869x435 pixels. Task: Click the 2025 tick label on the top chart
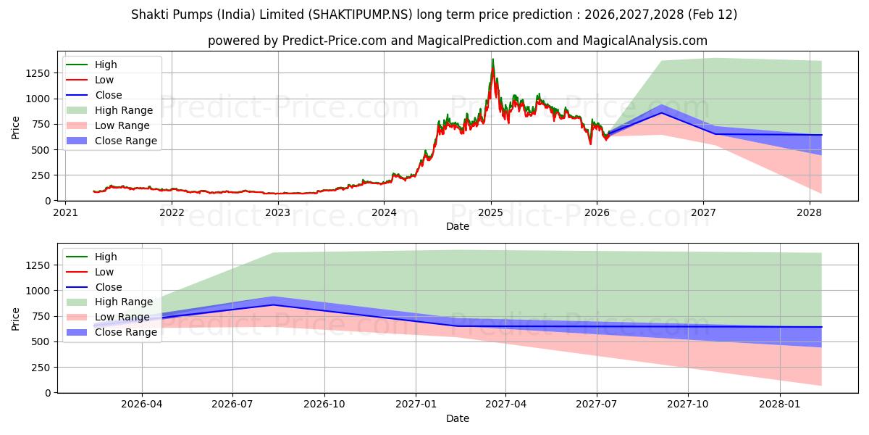pos(490,212)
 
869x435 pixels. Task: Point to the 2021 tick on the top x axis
pos(65,212)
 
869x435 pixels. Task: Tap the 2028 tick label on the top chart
pos(809,212)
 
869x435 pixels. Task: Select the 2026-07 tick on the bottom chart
pos(232,405)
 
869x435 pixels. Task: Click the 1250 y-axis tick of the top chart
pos(38,73)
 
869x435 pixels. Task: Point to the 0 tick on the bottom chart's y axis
pos(48,393)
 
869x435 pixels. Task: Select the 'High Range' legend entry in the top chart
pos(124,110)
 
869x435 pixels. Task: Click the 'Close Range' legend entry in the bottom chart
pos(125,332)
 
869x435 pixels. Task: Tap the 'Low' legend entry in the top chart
pos(105,80)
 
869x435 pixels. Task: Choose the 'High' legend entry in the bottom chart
pos(106,257)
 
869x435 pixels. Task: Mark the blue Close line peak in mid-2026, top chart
pos(661,112)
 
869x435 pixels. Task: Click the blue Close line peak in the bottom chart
pos(273,304)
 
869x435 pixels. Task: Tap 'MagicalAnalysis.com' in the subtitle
pos(649,41)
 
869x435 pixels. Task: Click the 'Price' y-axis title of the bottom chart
pos(16,319)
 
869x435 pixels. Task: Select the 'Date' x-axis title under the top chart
pos(457,226)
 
